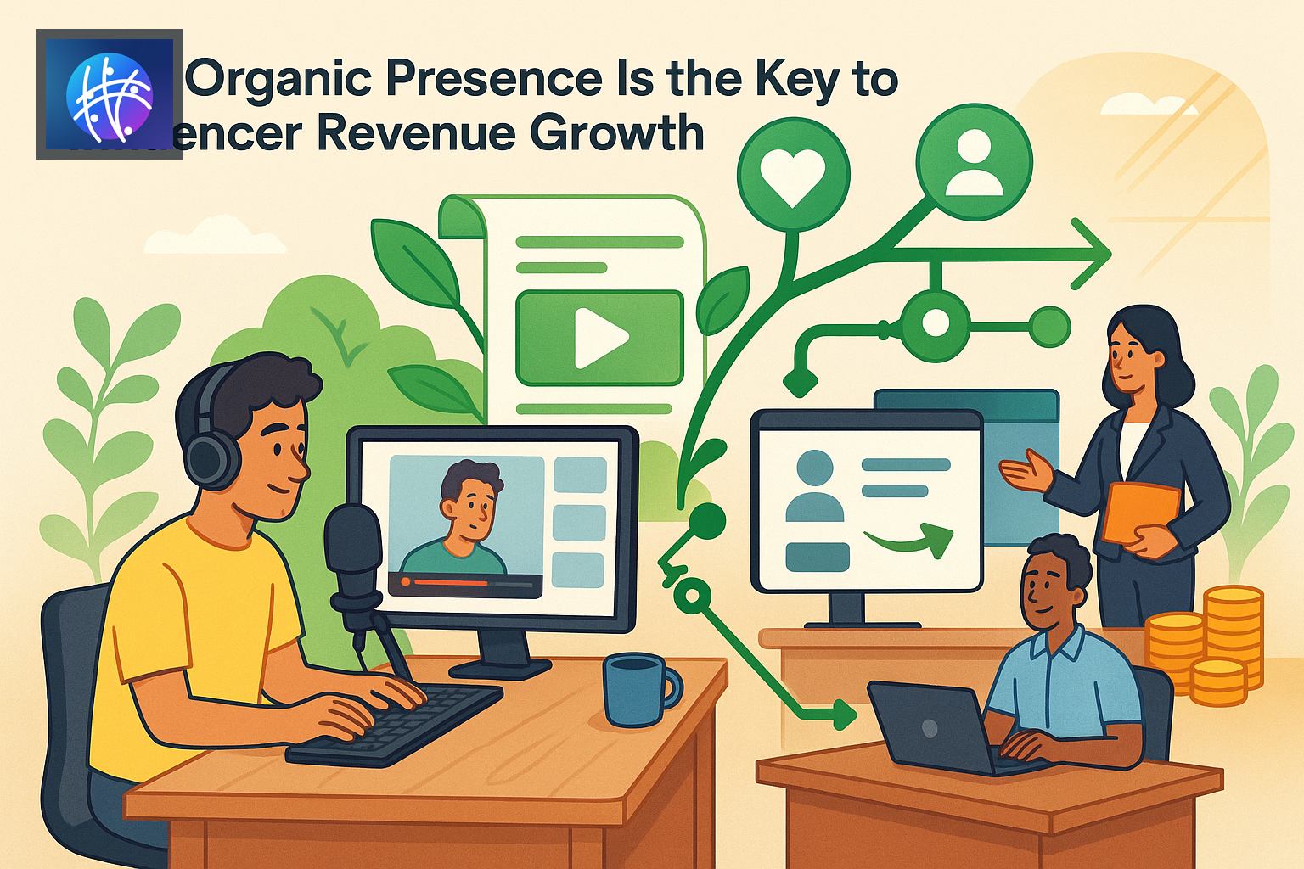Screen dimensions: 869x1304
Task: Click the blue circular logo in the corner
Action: tap(109, 94)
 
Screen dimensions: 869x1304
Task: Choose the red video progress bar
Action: tap(445, 582)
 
